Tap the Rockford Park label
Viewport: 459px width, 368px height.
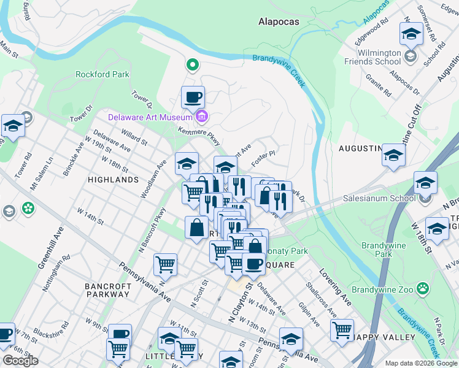coord(102,74)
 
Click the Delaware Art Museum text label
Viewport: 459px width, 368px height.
coord(151,117)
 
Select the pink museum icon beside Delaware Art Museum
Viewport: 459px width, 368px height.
coord(202,117)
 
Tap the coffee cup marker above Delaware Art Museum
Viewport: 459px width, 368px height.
coord(193,96)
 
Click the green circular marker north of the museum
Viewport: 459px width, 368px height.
coord(192,64)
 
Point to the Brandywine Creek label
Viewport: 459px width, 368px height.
coord(279,71)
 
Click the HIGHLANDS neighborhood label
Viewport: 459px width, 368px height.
coord(113,180)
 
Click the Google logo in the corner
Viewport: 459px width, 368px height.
coord(20,360)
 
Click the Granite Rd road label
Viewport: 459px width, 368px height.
coord(379,86)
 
